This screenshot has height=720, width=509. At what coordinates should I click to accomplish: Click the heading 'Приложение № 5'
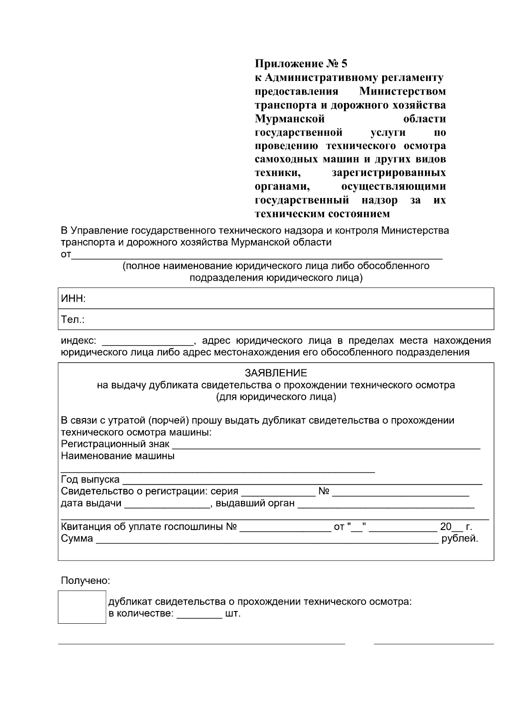coord(301,64)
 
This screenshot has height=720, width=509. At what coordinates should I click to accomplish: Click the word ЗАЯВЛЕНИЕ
coord(276,373)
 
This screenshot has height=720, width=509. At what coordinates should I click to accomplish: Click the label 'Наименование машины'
coord(117,456)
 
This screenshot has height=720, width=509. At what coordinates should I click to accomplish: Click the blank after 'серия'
coord(278,494)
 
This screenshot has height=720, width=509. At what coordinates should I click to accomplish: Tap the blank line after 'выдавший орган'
coord(386,506)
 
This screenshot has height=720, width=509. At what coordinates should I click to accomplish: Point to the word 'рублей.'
coord(460,539)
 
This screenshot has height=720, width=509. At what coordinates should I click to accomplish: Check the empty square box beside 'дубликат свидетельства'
coord(82,607)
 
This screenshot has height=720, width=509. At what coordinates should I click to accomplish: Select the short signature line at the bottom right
coord(433,644)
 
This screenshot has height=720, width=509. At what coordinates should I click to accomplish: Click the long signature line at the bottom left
coord(201,644)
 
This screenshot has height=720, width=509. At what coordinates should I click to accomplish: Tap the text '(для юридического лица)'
coord(276,397)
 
